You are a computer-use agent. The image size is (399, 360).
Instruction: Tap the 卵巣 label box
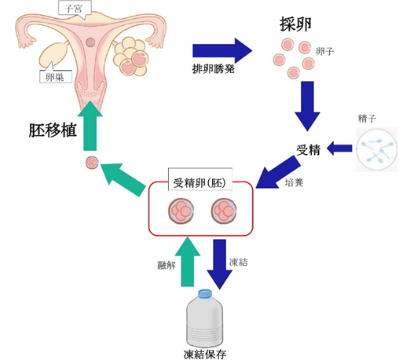tap(54, 77)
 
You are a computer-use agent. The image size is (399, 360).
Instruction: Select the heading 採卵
tap(293, 24)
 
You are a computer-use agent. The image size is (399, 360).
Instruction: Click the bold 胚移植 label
tap(53, 129)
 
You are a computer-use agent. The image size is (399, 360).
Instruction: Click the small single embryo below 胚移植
tap(92, 164)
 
